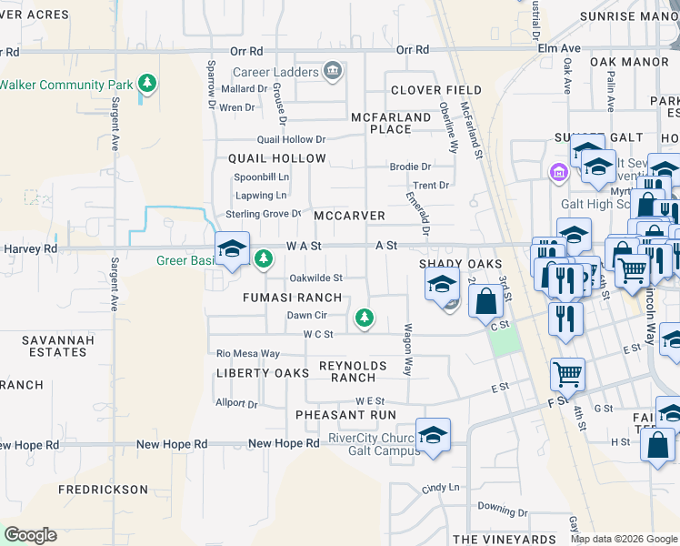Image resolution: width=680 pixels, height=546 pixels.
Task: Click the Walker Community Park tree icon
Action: point(146,85)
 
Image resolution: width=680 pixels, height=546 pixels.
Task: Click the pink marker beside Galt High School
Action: point(558,171)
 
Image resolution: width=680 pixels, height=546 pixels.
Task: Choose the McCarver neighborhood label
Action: point(349,217)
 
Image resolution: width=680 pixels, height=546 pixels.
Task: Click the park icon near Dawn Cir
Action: point(365,317)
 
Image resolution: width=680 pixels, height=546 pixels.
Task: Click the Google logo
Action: point(30,535)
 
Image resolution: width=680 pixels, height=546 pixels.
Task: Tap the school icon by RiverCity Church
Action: point(434,433)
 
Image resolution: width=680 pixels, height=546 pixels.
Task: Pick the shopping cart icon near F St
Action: point(567,372)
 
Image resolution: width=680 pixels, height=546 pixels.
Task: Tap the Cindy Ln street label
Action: point(440,489)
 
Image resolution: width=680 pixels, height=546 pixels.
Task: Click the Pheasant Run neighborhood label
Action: point(345,415)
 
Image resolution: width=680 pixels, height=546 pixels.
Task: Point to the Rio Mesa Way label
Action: point(248,353)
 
